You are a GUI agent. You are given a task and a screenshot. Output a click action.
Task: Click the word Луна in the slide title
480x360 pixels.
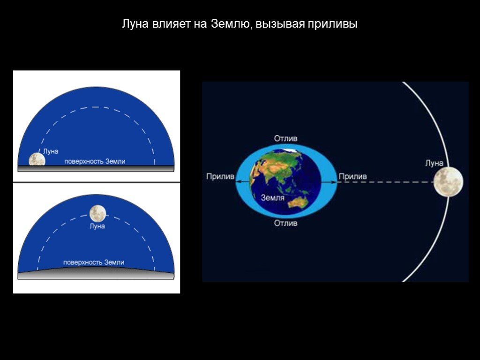[135, 23]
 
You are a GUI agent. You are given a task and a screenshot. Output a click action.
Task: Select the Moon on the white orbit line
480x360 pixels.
[449, 182]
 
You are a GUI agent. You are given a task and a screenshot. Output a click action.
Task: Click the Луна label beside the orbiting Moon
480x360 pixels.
[434, 163]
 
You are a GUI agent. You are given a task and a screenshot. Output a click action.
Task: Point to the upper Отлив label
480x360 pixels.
[285, 138]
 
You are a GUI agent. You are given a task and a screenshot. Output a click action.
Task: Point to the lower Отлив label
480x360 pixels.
[285, 223]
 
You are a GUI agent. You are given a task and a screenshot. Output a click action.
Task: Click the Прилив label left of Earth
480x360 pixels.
[220, 176]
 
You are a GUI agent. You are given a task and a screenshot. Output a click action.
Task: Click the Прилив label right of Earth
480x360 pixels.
[352, 176]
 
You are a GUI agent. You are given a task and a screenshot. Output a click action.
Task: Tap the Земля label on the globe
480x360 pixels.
[272, 198]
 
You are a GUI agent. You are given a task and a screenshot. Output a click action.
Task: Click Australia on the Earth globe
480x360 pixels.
[300, 202]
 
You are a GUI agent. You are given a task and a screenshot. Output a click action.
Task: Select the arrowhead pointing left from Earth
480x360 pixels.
[239, 182]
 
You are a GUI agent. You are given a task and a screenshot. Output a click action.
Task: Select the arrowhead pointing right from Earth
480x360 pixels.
[334, 182]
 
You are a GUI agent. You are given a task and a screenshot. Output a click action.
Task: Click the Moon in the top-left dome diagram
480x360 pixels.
[37, 159]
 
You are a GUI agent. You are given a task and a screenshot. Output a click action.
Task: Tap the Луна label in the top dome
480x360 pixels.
[51, 151]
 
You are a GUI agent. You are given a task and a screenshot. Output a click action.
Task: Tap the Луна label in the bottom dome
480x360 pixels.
[97, 226]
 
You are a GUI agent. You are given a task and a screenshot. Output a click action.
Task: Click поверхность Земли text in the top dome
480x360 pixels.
[95, 161]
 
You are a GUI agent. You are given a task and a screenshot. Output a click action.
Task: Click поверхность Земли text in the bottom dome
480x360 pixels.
[94, 262]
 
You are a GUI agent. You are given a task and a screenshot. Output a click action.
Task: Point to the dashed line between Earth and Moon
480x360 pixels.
[386, 182]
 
